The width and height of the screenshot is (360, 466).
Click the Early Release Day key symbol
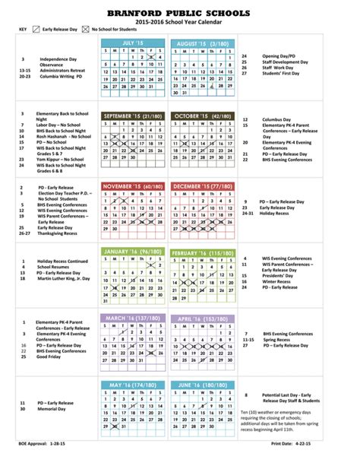click(37, 30)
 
